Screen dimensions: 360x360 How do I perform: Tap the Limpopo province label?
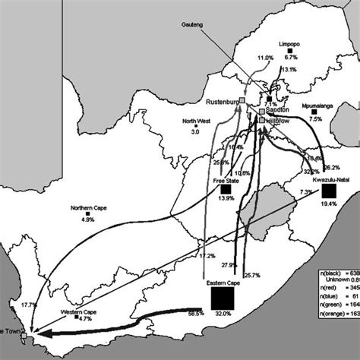pos(290,45)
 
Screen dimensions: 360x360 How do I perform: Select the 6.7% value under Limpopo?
pos(290,58)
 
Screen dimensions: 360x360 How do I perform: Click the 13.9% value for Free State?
pos(226,198)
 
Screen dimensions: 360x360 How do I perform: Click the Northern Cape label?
pos(87,209)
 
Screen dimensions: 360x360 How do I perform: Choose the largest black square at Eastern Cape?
pos(223,298)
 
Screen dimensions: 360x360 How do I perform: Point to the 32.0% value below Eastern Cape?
pos(223,314)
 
